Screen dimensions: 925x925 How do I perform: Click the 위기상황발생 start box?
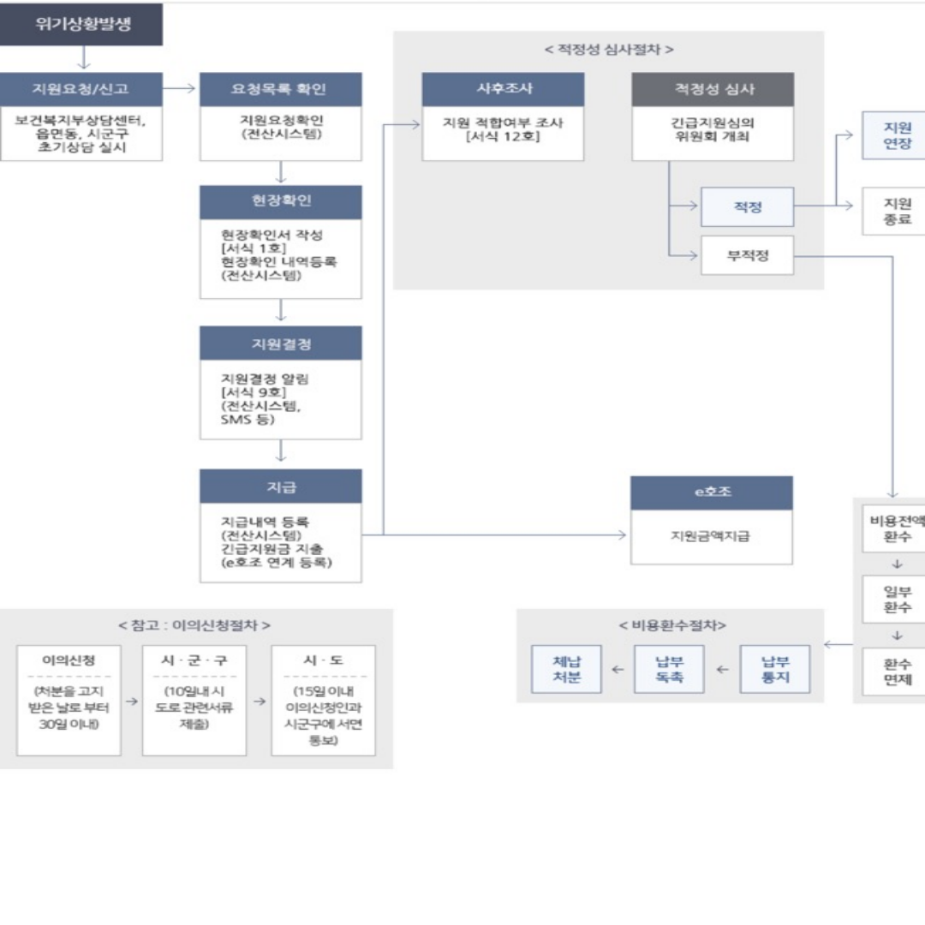point(81,24)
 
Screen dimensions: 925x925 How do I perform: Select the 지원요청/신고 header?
point(81,89)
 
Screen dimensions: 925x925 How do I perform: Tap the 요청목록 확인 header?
point(280,89)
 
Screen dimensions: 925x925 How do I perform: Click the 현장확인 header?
point(280,202)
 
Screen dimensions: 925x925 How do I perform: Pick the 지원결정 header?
point(280,343)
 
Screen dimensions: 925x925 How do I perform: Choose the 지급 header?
point(280,486)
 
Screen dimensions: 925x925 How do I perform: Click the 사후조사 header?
point(503,89)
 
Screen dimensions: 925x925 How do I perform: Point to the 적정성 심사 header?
point(713,89)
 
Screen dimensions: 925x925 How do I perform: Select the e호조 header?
point(711,493)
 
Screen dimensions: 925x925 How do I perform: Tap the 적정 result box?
point(747,206)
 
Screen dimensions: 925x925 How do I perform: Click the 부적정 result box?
point(747,255)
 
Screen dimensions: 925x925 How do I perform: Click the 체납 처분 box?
point(566,669)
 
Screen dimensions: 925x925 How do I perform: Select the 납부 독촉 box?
point(669,669)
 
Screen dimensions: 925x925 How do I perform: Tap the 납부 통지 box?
point(774,669)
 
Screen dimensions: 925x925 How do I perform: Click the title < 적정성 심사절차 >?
point(608,50)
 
